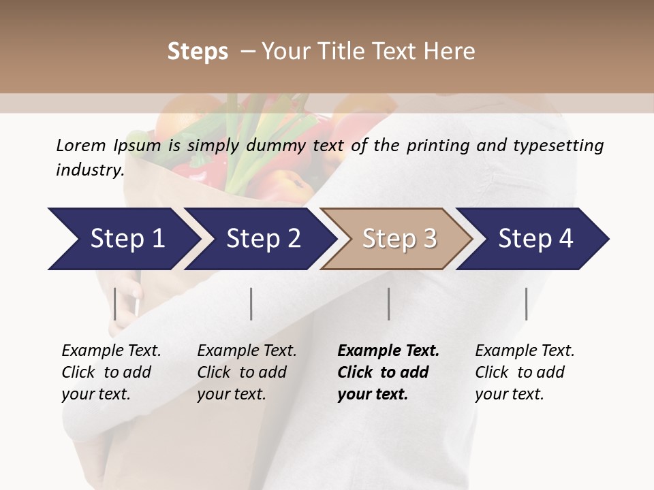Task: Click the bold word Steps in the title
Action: (198, 52)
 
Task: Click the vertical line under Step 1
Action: (115, 304)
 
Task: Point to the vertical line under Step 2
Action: (251, 304)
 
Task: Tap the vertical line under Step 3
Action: (389, 304)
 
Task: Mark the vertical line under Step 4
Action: (527, 304)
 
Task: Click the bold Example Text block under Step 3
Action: (388, 372)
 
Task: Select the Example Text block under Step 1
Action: (111, 372)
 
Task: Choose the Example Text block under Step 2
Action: (247, 372)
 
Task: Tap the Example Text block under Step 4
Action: (525, 372)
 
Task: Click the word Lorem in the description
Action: (80, 145)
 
